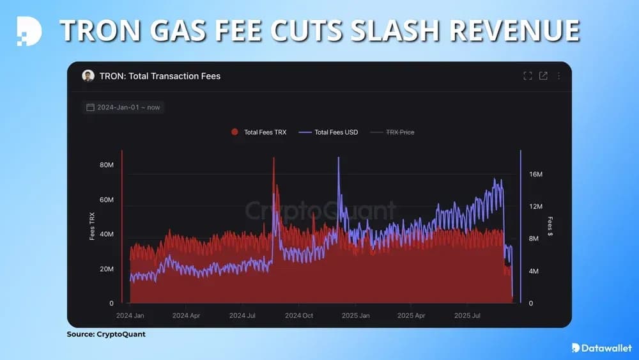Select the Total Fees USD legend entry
(x=330, y=132)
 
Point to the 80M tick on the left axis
(x=106, y=165)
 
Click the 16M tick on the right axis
(x=535, y=175)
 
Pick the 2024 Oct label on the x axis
(x=299, y=316)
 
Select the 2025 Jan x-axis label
(x=355, y=316)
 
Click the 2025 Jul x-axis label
(x=467, y=316)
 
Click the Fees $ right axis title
(x=550, y=226)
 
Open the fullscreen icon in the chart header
(x=528, y=76)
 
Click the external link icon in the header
(x=543, y=76)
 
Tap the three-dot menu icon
(x=558, y=76)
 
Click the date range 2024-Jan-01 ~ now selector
(x=123, y=107)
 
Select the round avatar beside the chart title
(x=88, y=76)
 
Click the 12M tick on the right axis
(x=535, y=207)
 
